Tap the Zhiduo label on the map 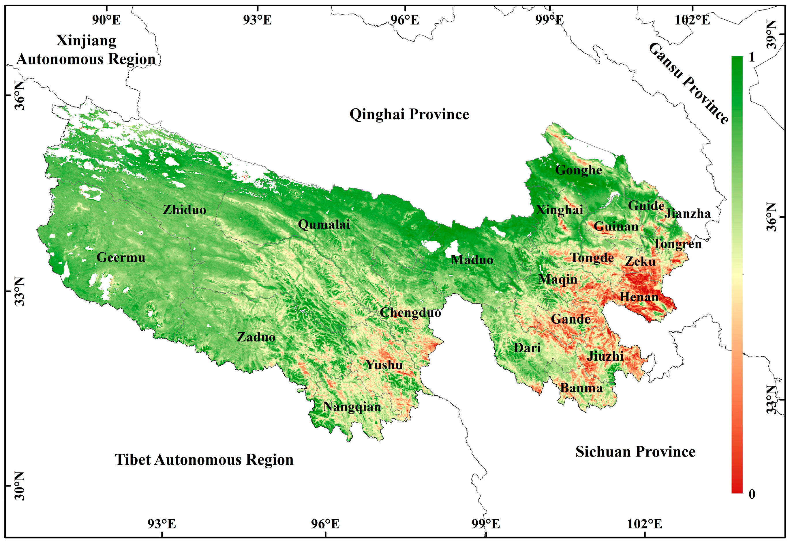click(x=184, y=210)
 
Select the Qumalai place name click(x=324, y=225)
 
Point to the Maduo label click(x=472, y=260)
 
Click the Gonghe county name click(x=578, y=170)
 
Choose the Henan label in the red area click(x=639, y=297)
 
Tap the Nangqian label click(x=352, y=407)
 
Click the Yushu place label click(x=384, y=365)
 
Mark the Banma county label click(x=581, y=388)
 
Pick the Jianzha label click(x=687, y=214)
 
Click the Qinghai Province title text click(x=409, y=114)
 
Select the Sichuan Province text click(x=635, y=452)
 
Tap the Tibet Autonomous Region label click(x=204, y=460)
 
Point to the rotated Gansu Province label click(x=688, y=83)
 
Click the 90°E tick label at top click(x=106, y=20)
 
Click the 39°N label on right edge click(x=773, y=34)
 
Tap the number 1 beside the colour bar click(x=752, y=57)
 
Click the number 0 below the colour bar click(x=752, y=494)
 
